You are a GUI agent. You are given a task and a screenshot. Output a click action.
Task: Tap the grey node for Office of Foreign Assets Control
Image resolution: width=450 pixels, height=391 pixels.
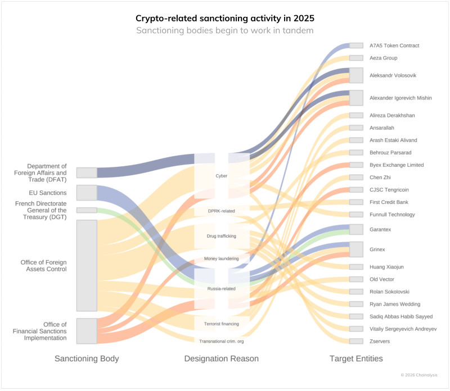87,265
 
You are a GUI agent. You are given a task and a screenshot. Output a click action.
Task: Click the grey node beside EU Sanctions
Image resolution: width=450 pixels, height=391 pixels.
87,193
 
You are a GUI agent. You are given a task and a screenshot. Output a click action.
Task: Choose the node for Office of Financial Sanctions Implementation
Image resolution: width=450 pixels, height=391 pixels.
87,331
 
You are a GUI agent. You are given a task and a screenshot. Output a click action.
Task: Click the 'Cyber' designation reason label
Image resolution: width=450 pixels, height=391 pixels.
222,176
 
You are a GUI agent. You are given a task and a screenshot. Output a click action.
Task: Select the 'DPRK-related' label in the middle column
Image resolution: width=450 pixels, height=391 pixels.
222,211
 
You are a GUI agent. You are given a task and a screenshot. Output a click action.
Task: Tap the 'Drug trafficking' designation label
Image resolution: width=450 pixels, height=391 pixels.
222,236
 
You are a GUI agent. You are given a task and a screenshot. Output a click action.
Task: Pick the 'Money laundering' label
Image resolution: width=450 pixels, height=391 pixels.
222,258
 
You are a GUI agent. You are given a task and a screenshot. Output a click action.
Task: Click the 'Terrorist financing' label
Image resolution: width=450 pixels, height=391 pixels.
222,324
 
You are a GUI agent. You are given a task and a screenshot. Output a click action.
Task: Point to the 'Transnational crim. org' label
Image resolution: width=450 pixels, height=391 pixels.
222,341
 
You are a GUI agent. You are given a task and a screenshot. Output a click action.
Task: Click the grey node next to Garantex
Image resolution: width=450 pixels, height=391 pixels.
356,229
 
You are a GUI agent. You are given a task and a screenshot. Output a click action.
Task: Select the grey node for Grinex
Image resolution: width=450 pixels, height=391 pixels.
356,249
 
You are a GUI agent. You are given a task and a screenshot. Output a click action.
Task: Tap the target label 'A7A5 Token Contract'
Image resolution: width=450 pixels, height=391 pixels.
394,46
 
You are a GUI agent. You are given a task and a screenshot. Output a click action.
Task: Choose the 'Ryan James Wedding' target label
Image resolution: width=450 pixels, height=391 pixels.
394,304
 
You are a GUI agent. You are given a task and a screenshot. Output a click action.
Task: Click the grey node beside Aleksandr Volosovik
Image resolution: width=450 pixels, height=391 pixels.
356,75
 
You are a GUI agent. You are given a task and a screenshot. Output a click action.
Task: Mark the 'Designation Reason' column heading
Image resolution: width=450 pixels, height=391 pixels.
222,358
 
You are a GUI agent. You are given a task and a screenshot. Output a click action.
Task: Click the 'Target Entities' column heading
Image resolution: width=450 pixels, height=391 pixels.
356,358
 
